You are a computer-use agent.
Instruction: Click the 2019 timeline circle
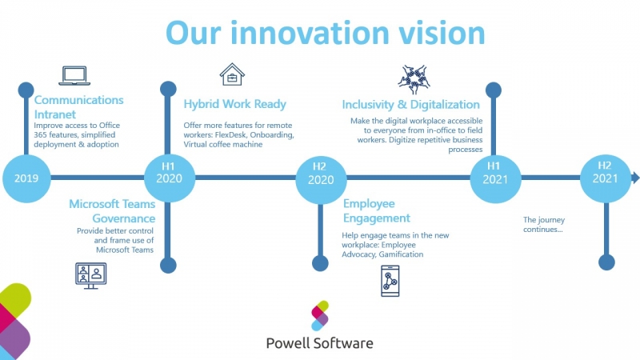point(26,178)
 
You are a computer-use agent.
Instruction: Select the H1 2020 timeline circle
point(169,178)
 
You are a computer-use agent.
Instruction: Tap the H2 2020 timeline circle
point(320,178)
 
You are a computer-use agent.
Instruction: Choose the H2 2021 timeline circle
point(605,178)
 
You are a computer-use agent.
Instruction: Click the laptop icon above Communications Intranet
point(74,75)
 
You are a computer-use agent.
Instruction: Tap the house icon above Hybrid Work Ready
point(232,74)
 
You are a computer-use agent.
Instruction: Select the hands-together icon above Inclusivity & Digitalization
point(414,79)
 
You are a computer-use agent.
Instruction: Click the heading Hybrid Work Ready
point(234,104)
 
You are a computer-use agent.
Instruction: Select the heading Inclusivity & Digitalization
point(410,105)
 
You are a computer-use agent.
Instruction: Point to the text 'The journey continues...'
point(543,224)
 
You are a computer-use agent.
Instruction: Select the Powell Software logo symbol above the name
point(319,316)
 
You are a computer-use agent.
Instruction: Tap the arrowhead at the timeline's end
point(635,178)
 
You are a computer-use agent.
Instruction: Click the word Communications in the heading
point(78,100)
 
